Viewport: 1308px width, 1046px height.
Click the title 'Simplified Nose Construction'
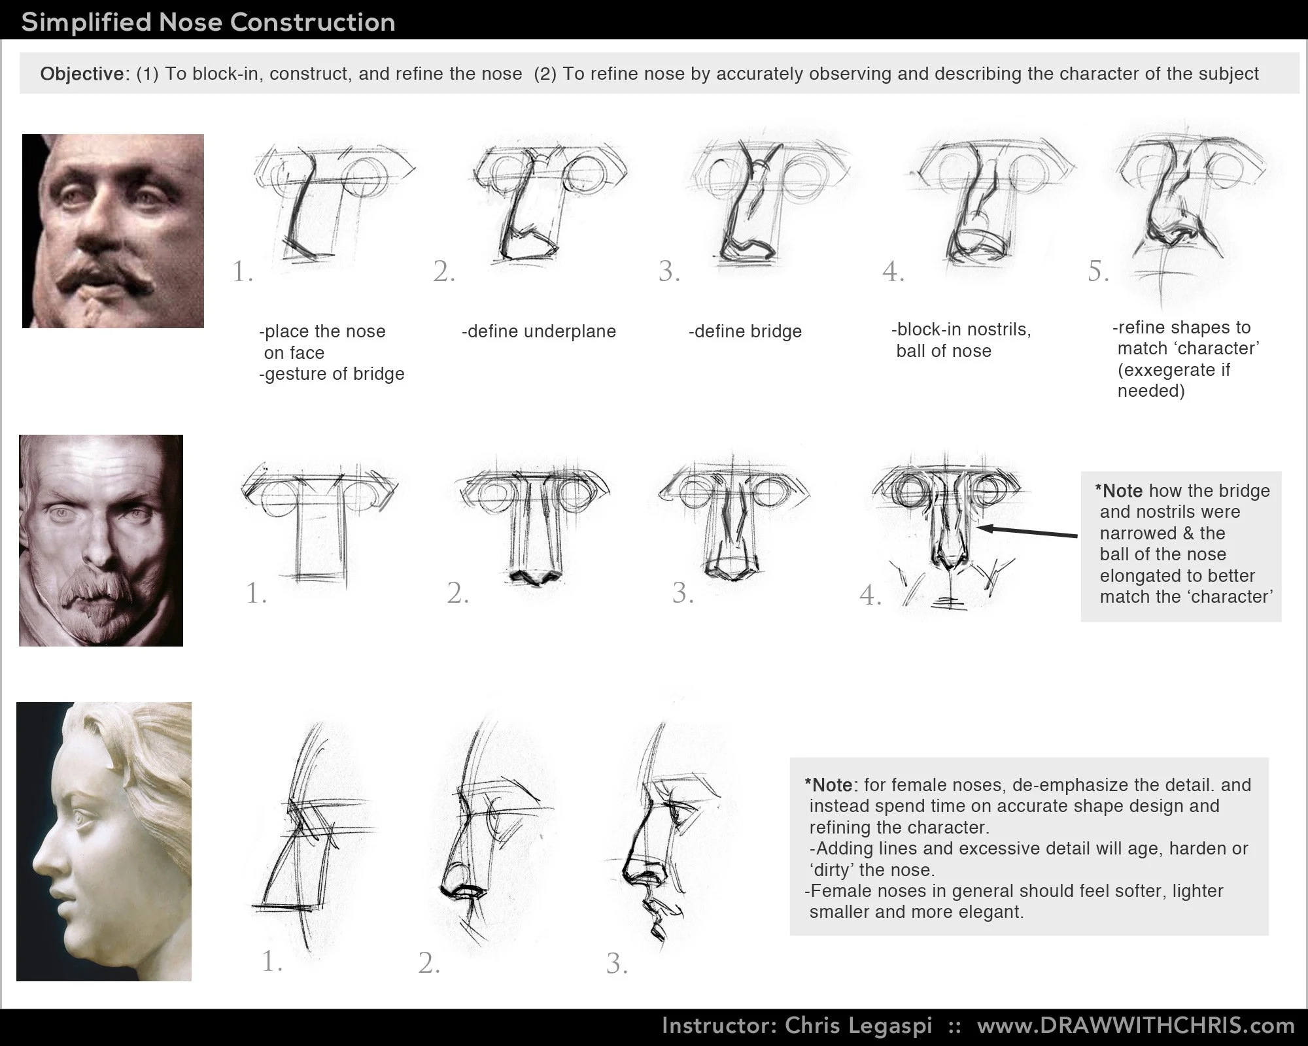(208, 22)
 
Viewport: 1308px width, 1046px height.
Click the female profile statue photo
(104, 841)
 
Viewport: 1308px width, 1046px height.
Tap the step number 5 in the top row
(1098, 271)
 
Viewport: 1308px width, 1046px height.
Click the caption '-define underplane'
(539, 331)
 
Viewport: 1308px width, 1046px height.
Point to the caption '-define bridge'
(745, 331)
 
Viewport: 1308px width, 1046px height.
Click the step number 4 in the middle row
(870, 595)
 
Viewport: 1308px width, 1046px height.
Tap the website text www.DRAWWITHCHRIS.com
(1136, 1025)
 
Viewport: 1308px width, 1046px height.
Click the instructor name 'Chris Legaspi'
(858, 1025)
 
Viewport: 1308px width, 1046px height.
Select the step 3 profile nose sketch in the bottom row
(661, 837)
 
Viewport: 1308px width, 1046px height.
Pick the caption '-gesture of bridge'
(332, 374)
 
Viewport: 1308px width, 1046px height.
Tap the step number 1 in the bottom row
(271, 961)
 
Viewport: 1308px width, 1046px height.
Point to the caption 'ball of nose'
(944, 351)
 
